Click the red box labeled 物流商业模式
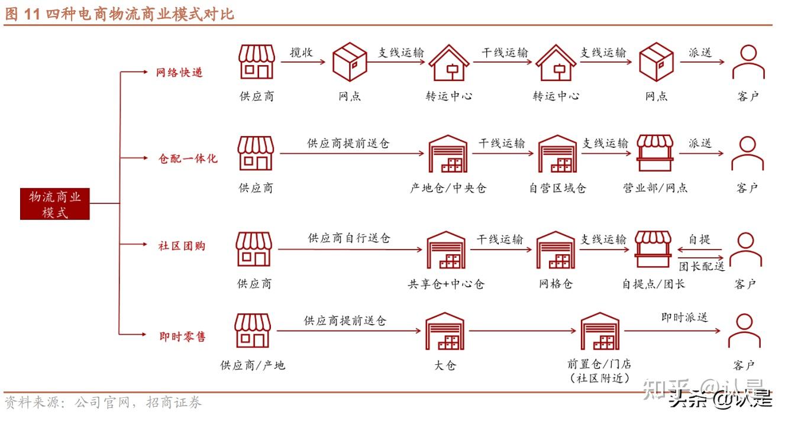click(55, 204)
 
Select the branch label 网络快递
click(179, 73)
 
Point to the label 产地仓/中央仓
click(448, 189)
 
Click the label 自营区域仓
click(557, 189)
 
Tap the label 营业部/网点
click(655, 189)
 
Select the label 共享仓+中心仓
click(446, 284)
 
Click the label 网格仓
click(556, 284)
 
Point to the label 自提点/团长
click(653, 284)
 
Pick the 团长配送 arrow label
click(702, 266)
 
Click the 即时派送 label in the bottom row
click(684, 318)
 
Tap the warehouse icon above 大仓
click(445, 332)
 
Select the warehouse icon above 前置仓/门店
click(599, 332)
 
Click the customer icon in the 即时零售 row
click(744, 331)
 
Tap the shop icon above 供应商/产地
click(253, 331)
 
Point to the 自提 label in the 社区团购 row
click(699, 240)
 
